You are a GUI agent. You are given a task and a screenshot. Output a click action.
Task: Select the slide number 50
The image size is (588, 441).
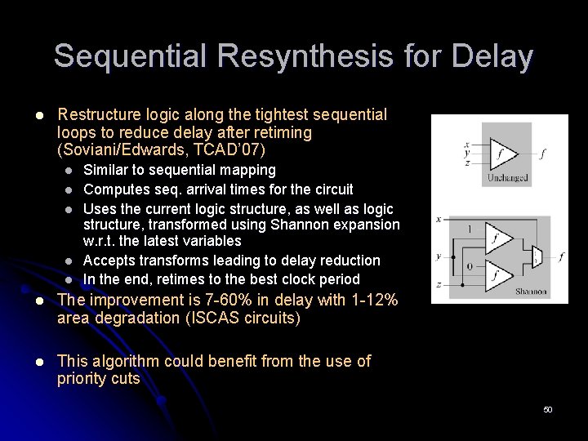click(548, 409)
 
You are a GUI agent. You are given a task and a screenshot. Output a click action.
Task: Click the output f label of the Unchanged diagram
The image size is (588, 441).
click(545, 153)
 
